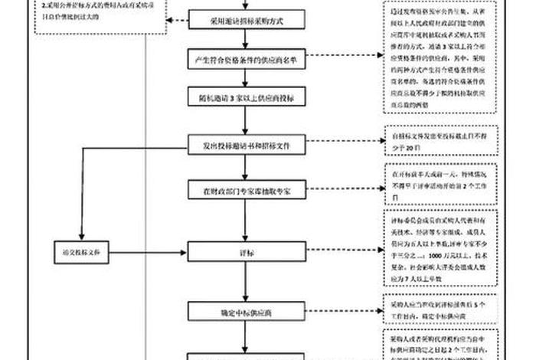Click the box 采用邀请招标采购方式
pyautogui.click(x=244, y=21)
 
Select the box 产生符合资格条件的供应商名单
pyautogui.click(x=244, y=59)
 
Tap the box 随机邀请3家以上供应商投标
pyautogui.click(x=244, y=98)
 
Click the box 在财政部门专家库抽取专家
pyautogui.click(x=244, y=188)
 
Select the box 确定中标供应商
pyautogui.click(x=244, y=312)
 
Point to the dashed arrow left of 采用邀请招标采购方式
pyautogui.click(x=178, y=21)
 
